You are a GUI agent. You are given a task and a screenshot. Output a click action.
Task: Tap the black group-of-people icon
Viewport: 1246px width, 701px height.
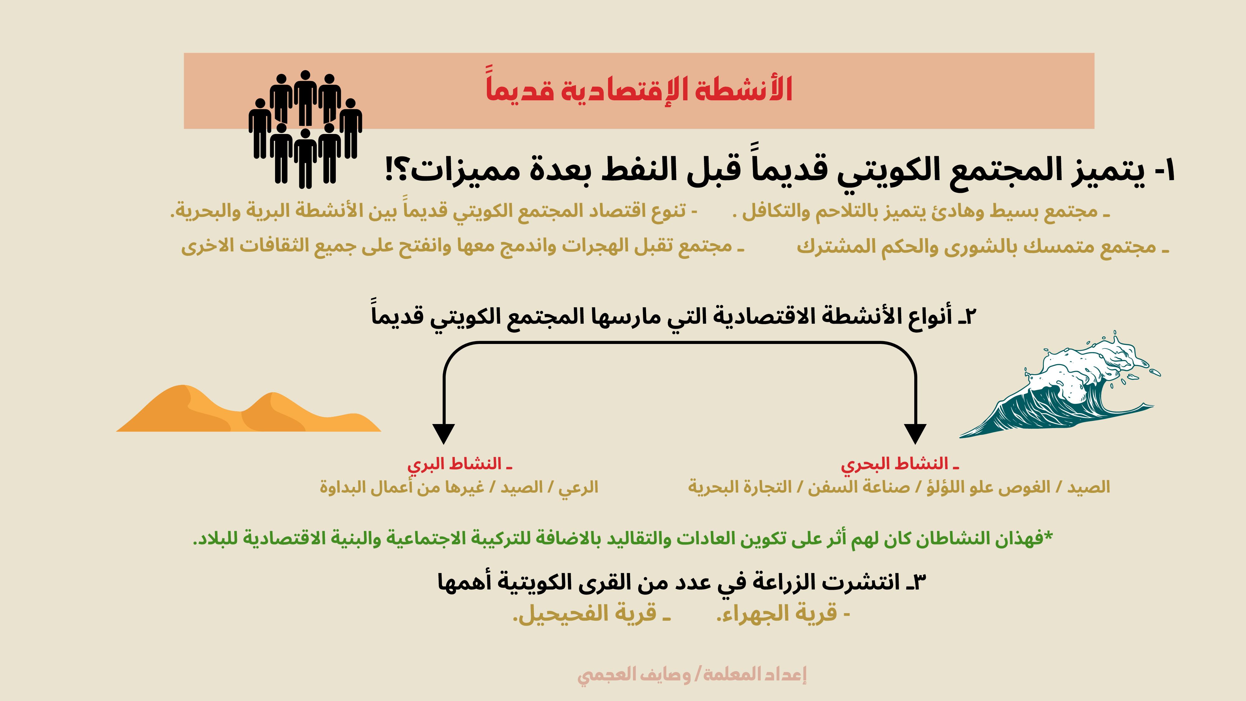[x=305, y=130]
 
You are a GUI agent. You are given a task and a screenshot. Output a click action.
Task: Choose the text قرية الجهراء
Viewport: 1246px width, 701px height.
[x=782, y=613]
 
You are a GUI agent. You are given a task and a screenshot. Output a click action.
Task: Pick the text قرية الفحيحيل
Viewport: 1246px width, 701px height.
[x=591, y=613]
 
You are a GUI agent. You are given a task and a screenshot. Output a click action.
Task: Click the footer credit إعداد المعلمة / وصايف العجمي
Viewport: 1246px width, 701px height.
[x=692, y=674]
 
